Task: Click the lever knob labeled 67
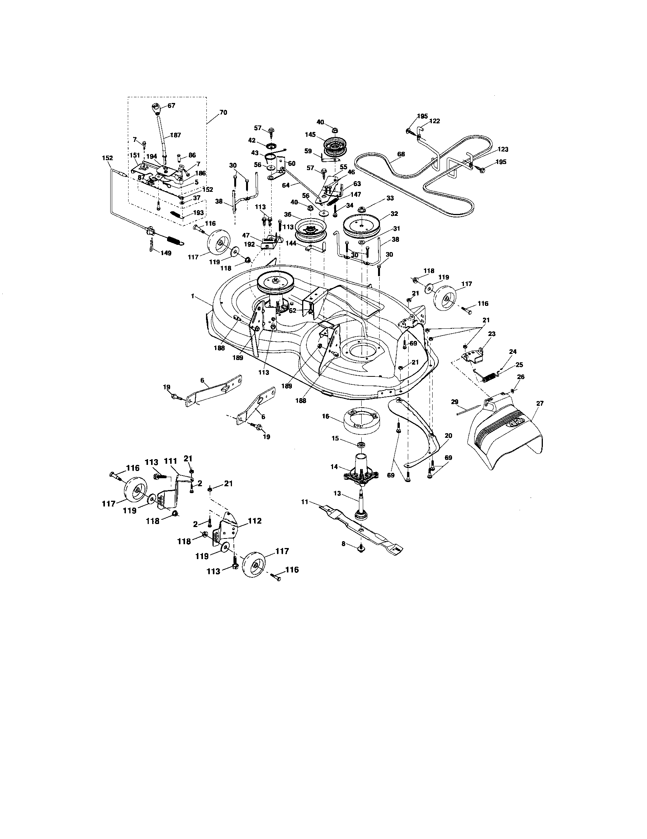pos(157,110)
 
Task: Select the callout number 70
pos(223,113)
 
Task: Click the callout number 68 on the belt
pos(401,154)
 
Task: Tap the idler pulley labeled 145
pos(335,146)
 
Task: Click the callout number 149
pos(166,253)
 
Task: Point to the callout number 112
pos(255,521)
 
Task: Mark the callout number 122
pos(435,121)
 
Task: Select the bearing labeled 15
pos(361,444)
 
